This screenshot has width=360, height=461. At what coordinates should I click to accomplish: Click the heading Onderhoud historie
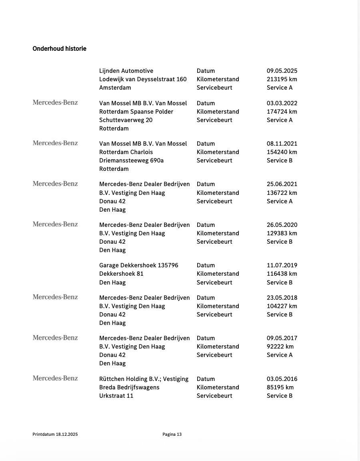pyautogui.click(x=59, y=49)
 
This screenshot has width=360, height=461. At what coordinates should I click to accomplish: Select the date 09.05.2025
pyautogui.click(x=282, y=71)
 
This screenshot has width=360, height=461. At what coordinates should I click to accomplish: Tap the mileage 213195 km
pyautogui.click(x=282, y=79)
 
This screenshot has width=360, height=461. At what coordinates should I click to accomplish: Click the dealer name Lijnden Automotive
pyautogui.click(x=126, y=71)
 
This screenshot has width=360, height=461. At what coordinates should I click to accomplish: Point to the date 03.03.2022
pyautogui.click(x=282, y=103)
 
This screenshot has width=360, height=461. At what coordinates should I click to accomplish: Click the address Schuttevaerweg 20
pyautogui.click(x=126, y=120)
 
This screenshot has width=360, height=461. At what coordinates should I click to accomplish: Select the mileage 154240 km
pyautogui.click(x=282, y=152)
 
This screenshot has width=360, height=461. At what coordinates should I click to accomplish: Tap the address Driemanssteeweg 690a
pyautogui.click(x=131, y=160)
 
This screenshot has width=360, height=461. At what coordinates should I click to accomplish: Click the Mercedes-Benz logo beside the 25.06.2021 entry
pyautogui.click(x=55, y=184)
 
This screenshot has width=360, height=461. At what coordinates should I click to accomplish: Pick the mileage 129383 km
pyautogui.click(x=282, y=233)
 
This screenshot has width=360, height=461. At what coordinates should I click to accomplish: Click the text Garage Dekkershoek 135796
pyautogui.click(x=138, y=265)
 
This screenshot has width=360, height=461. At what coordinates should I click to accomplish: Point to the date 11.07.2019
pyautogui.click(x=282, y=265)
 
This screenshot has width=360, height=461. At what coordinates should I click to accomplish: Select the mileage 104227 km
pyautogui.click(x=282, y=306)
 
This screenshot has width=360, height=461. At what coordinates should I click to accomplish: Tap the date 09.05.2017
pyautogui.click(x=282, y=338)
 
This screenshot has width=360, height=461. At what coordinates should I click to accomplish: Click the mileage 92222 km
pyautogui.click(x=280, y=347)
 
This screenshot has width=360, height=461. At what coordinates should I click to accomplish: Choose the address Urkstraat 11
pyautogui.click(x=116, y=396)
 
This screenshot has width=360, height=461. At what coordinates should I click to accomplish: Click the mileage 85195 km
pyautogui.click(x=280, y=387)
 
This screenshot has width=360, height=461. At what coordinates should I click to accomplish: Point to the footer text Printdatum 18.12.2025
pyautogui.click(x=55, y=434)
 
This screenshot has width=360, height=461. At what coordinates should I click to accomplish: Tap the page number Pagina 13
pyautogui.click(x=172, y=434)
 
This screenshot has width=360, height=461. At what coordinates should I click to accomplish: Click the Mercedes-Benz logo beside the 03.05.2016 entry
pyautogui.click(x=55, y=378)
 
